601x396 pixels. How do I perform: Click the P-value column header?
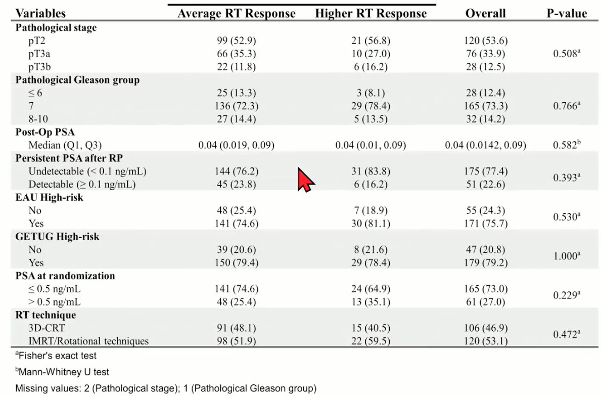[x=567, y=14]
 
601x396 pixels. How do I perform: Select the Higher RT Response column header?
[x=371, y=14]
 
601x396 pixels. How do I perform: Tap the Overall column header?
[x=485, y=14]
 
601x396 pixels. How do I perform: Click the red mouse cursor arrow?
[x=306, y=180]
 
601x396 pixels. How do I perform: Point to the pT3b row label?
[x=39, y=67]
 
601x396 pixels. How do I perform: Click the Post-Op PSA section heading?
[x=45, y=132]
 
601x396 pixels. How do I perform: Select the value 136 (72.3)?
[x=236, y=106]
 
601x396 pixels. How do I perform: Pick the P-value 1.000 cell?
[x=567, y=256]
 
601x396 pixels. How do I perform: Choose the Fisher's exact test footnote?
[x=56, y=356]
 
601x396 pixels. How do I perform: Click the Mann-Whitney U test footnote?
[x=62, y=372]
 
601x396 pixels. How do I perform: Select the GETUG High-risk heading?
[x=57, y=237]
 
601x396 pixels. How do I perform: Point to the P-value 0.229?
[x=567, y=295]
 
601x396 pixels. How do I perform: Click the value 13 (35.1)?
[x=371, y=302]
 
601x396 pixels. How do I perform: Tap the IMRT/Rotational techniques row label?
[x=88, y=341]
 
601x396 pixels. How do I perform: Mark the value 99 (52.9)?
[x=236, y=40]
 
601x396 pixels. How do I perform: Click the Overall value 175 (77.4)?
[x=485, y=171]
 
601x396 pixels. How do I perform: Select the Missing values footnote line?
[x=166, y=388]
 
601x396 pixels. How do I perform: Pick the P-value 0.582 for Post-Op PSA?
[x=567, y=145]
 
